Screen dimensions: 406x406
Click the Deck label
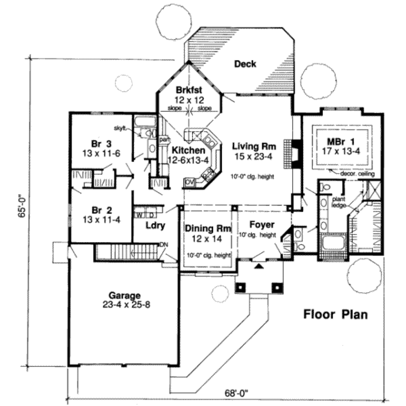point(245,64)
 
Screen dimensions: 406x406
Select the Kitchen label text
point(189,150)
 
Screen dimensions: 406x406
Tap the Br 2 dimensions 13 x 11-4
point(101,219)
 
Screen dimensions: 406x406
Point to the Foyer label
point(262,225)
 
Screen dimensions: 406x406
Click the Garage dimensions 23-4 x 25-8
point(124,305)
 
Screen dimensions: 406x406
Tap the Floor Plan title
point(335,314)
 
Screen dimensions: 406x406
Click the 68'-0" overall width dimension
point(236,393)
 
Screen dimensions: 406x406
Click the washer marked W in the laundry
point(140,215)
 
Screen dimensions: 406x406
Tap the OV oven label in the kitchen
point(190,182)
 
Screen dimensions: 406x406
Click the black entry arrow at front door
point(259,266)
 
